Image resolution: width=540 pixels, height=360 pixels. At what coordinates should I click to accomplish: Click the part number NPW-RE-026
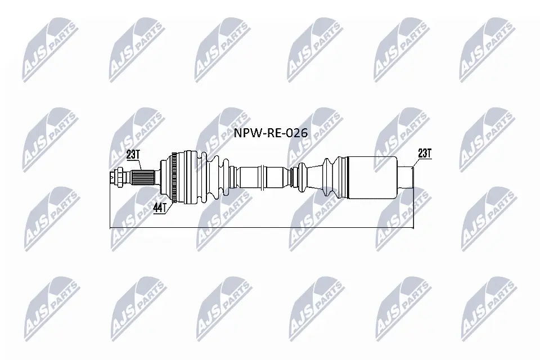pos(271,133)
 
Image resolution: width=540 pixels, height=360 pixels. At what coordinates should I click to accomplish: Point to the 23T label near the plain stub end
pos(425,153)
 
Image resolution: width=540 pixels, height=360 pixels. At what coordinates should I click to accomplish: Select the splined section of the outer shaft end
pos(142,177)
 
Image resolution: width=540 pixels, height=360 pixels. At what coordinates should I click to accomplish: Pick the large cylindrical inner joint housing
pos(372,177)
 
